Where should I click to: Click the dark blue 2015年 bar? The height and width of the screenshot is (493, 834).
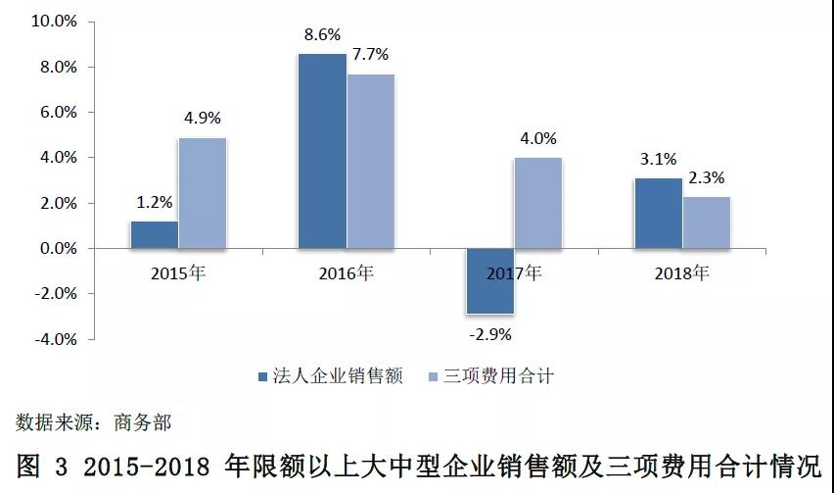pos(154,234)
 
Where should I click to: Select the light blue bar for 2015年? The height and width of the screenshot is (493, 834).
pos(203,193)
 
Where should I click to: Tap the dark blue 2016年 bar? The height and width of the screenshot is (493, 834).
pos(322,151)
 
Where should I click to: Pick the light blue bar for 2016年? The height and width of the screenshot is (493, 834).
pos(371,161)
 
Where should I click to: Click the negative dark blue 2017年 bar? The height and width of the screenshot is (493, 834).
pos(490,281)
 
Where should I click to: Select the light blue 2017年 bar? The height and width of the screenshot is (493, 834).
pos(538,203)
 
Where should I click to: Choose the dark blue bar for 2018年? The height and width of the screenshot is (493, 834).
pos(659,213)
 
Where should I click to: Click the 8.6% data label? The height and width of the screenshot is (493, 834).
pos(322,34)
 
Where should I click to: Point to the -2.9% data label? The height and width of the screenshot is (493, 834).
pos(489,334)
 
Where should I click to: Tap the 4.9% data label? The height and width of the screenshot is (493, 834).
pos(203,119)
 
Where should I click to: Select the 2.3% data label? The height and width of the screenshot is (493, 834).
pos(707,178)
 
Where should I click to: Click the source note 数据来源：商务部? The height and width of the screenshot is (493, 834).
pos(94,422)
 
